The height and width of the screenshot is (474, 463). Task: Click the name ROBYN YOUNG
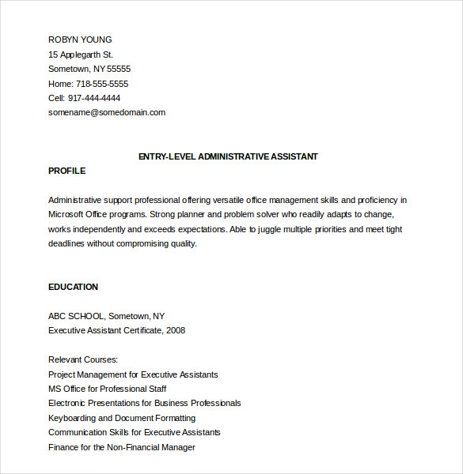(x=80, y=39)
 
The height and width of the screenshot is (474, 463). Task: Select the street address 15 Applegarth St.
(x=81, y=55)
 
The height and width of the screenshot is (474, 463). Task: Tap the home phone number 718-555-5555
(x=101, y=84)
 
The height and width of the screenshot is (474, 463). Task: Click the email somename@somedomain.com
(x=107, y=112)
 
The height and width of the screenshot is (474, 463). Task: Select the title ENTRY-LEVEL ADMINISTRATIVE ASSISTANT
(x=228, y=156)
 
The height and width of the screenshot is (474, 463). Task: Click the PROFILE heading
(x=66, y=171)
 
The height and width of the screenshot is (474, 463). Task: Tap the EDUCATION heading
(x=73, y=287)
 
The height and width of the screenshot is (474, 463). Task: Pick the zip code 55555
(x=119, y=69)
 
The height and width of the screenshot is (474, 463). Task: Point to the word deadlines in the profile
(x=66, y=243)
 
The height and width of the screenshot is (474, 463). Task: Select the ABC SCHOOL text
(x=75, y=316)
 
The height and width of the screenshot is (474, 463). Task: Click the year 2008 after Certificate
(x=176, y=330)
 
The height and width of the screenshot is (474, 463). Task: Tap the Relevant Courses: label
(x=83, y=359)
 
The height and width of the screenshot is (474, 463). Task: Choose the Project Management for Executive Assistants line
(x=133, y=374)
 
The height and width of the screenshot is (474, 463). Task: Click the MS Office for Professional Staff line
(x=108, y=389)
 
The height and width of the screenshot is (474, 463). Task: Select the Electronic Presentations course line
(x=145, y=403)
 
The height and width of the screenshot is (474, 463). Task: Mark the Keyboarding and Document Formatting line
(x=122, y=418)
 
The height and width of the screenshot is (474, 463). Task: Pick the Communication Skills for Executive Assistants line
(x=135, y=432)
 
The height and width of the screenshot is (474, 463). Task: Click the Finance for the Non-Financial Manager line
(x=122, y=447)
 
